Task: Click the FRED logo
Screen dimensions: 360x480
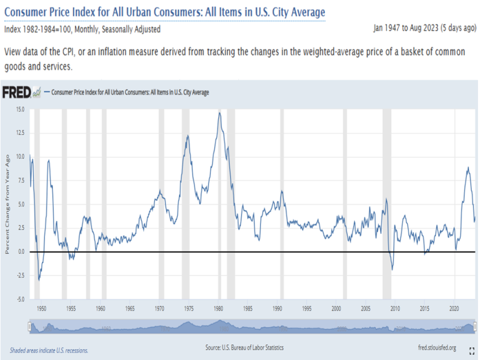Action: [x=16, y=92]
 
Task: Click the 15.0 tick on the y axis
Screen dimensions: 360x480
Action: [x=20, y=109]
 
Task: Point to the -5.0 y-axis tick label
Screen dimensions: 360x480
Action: [x=19, y=299]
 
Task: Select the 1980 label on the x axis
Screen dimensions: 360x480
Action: [x=219, y=309]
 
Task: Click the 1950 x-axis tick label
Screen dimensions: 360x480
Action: [x=41, y=309]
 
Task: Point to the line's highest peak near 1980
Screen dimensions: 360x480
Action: [x=220, y=113]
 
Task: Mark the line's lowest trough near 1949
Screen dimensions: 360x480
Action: [x=39, y=281]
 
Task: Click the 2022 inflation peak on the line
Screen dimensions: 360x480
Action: [x=468, y=167]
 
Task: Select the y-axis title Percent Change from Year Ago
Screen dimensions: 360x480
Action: [x=8, y=204]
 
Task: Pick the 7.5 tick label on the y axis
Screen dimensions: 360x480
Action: [x=20, y=180]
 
